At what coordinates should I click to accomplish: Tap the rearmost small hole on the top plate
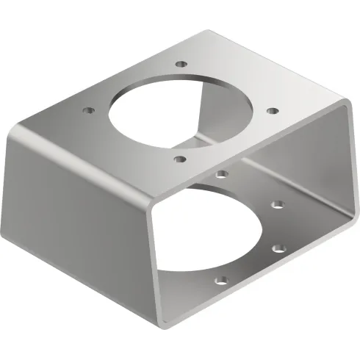tap(179, 65)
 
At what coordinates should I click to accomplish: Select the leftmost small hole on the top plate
tap(88, 110)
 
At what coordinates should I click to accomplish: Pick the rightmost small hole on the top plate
tap(272, 111)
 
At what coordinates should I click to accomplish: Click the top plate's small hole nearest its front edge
tap(179, 156)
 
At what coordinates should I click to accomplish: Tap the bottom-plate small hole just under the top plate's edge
tap(221, 175)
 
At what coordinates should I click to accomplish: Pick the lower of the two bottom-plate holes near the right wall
tap(278, 248)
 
